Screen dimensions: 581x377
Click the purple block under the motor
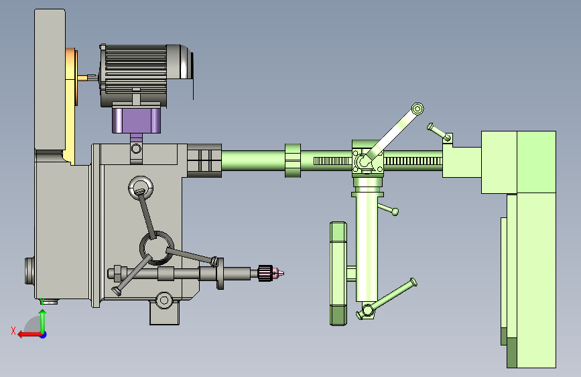tap(136, 120)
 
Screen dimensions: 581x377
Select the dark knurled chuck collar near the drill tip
tap(265, 274)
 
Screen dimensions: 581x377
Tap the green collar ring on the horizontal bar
tap(293, 161)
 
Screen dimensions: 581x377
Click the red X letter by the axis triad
tap(13, 331)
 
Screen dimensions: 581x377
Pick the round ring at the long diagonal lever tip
tap(417, 109)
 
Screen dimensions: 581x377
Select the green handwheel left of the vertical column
tap(338, 274)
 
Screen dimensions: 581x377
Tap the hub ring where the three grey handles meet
tap(157, 248)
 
